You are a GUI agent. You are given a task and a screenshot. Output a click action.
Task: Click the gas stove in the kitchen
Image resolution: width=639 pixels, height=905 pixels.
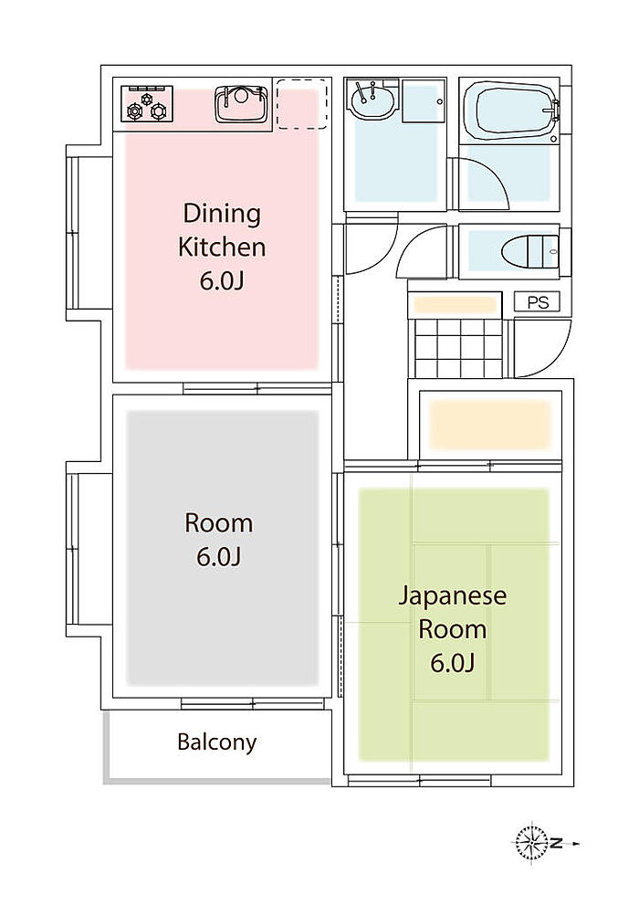tap(147, 103)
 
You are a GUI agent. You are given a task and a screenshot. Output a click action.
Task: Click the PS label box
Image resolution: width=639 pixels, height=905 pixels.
tap(537, 302)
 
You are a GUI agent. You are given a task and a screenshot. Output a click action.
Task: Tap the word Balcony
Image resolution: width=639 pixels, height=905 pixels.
tap(217, 742)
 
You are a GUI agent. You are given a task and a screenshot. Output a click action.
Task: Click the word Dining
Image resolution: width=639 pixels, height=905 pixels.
tap(222, 214)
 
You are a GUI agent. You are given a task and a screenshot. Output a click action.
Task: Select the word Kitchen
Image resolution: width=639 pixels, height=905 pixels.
tap(222, 247)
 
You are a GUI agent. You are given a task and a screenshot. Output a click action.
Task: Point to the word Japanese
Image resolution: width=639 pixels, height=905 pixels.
tap(452, 595)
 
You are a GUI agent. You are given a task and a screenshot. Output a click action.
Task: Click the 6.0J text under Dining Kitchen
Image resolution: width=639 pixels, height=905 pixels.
tap(222, 281)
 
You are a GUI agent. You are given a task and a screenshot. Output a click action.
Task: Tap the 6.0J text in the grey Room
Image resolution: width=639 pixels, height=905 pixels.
tap(218, 557)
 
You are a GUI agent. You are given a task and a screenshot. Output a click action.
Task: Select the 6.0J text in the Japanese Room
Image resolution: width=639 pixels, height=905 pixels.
tap(453, 663)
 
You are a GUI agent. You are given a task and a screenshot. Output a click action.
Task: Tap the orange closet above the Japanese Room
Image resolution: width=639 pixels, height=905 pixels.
tap(491, 425)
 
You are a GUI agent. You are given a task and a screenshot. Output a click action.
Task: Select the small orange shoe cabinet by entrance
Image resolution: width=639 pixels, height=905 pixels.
tap(456, 304)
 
